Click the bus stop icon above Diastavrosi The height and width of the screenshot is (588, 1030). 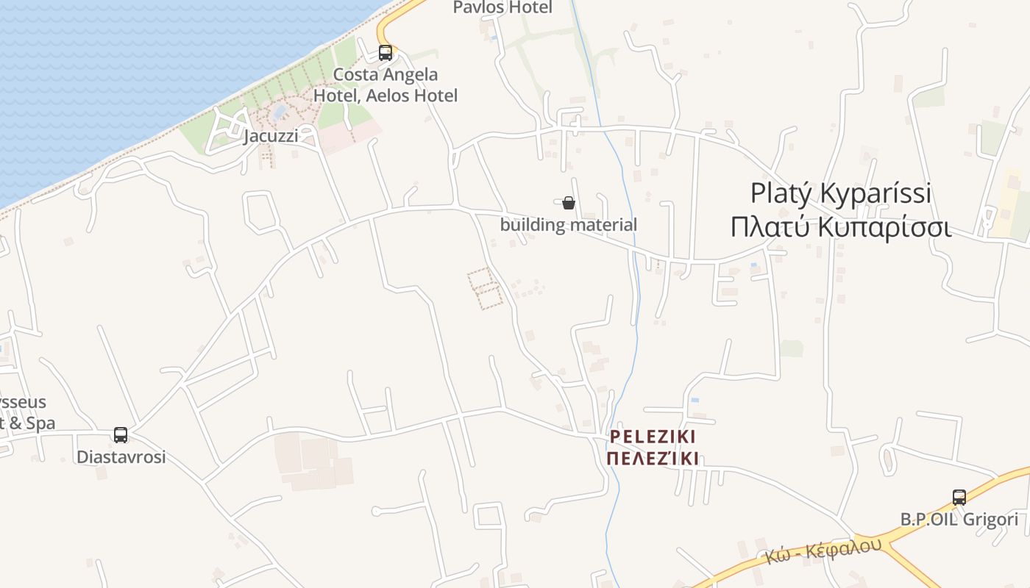pos(121,434)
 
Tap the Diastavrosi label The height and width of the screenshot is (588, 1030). pos(121,456)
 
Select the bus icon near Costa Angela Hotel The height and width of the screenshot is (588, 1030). pos(386,52)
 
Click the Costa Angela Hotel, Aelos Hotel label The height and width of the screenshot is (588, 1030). pos(386,85)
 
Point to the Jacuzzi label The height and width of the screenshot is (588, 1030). pos(271,136)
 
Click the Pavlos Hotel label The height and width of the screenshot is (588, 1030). pos(502,7)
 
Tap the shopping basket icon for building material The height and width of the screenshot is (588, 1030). pos(568,203)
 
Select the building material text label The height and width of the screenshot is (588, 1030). pos(568,225)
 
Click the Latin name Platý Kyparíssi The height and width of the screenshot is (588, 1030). pos(841,193)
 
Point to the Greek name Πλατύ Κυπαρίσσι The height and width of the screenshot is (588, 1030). pos(841,227)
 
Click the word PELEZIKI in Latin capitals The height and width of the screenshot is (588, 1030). pos(653,437)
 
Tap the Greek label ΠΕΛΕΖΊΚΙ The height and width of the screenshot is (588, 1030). pos(653,459)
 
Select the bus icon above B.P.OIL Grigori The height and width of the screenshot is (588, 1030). pos(959,497)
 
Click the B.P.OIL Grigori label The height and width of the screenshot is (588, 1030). pos(959,520)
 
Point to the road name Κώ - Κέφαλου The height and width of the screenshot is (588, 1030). pos(823,551)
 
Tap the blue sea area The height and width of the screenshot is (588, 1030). pos(110,66)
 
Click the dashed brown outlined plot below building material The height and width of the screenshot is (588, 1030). pos(486,288)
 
